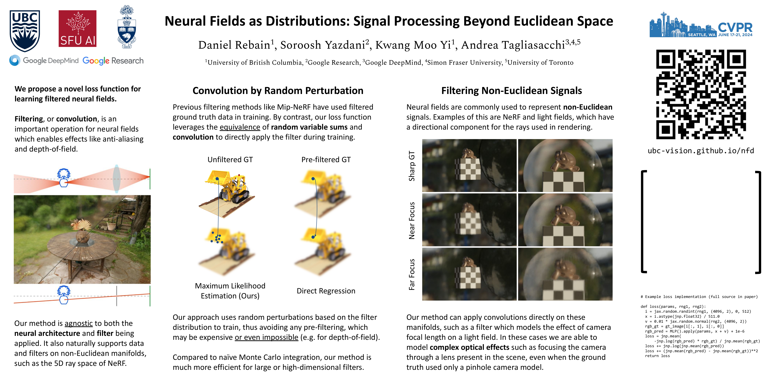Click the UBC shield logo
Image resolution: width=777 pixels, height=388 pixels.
tap(25, 31)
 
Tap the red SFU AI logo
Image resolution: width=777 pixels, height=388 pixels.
tap(78, 29)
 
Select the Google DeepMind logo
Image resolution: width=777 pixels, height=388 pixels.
tap(44, 61)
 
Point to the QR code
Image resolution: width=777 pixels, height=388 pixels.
tap(701, 94)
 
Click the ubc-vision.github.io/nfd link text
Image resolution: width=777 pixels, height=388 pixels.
tap(701, 151)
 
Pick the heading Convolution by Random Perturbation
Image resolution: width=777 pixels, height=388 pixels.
tap(278, 91)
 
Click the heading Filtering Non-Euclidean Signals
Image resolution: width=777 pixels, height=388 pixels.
tap(512, 91)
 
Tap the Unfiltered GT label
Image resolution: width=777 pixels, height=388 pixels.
tap(230, 160)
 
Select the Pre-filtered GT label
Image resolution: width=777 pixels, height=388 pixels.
tap(326, 160)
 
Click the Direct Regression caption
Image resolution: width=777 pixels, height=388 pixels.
tap(326, 291)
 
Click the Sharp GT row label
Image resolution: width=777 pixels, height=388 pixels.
tap(412, 166)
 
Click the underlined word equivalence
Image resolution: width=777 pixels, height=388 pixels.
tap(240, 127)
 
